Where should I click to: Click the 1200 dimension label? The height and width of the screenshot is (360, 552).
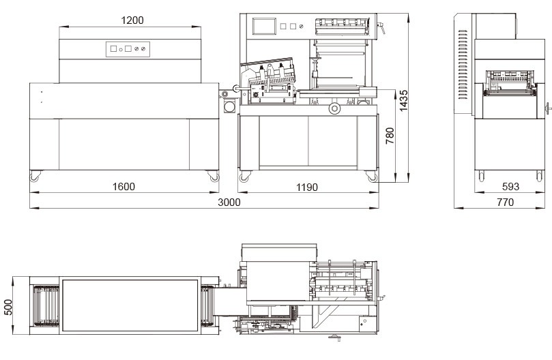132,20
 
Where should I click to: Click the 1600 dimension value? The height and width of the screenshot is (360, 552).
124,187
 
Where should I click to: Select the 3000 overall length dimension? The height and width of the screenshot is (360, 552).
229,202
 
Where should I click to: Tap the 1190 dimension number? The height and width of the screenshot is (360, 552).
307,187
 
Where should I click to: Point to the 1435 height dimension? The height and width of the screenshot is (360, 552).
403,101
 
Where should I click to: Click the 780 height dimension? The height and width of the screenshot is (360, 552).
390,136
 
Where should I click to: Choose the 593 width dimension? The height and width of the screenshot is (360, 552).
510,187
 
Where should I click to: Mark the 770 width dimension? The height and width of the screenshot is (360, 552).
505,202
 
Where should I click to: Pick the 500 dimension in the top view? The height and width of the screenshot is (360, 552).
8,307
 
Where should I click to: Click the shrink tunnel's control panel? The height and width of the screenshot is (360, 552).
128,49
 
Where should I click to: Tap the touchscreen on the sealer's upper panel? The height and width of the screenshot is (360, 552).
263,27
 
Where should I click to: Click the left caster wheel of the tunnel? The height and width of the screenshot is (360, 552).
35,176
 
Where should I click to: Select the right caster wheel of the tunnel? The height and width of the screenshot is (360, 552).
214,176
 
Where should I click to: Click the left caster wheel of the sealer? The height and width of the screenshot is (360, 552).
245,177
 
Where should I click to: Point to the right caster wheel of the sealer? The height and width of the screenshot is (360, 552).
371,177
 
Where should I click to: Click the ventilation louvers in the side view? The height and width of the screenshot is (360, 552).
463,65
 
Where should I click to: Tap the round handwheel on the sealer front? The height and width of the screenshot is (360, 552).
334,108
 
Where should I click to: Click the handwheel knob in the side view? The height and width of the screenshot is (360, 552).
548,108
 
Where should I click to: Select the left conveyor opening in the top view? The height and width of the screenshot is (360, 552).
46,305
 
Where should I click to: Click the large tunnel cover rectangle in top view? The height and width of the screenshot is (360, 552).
130,305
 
